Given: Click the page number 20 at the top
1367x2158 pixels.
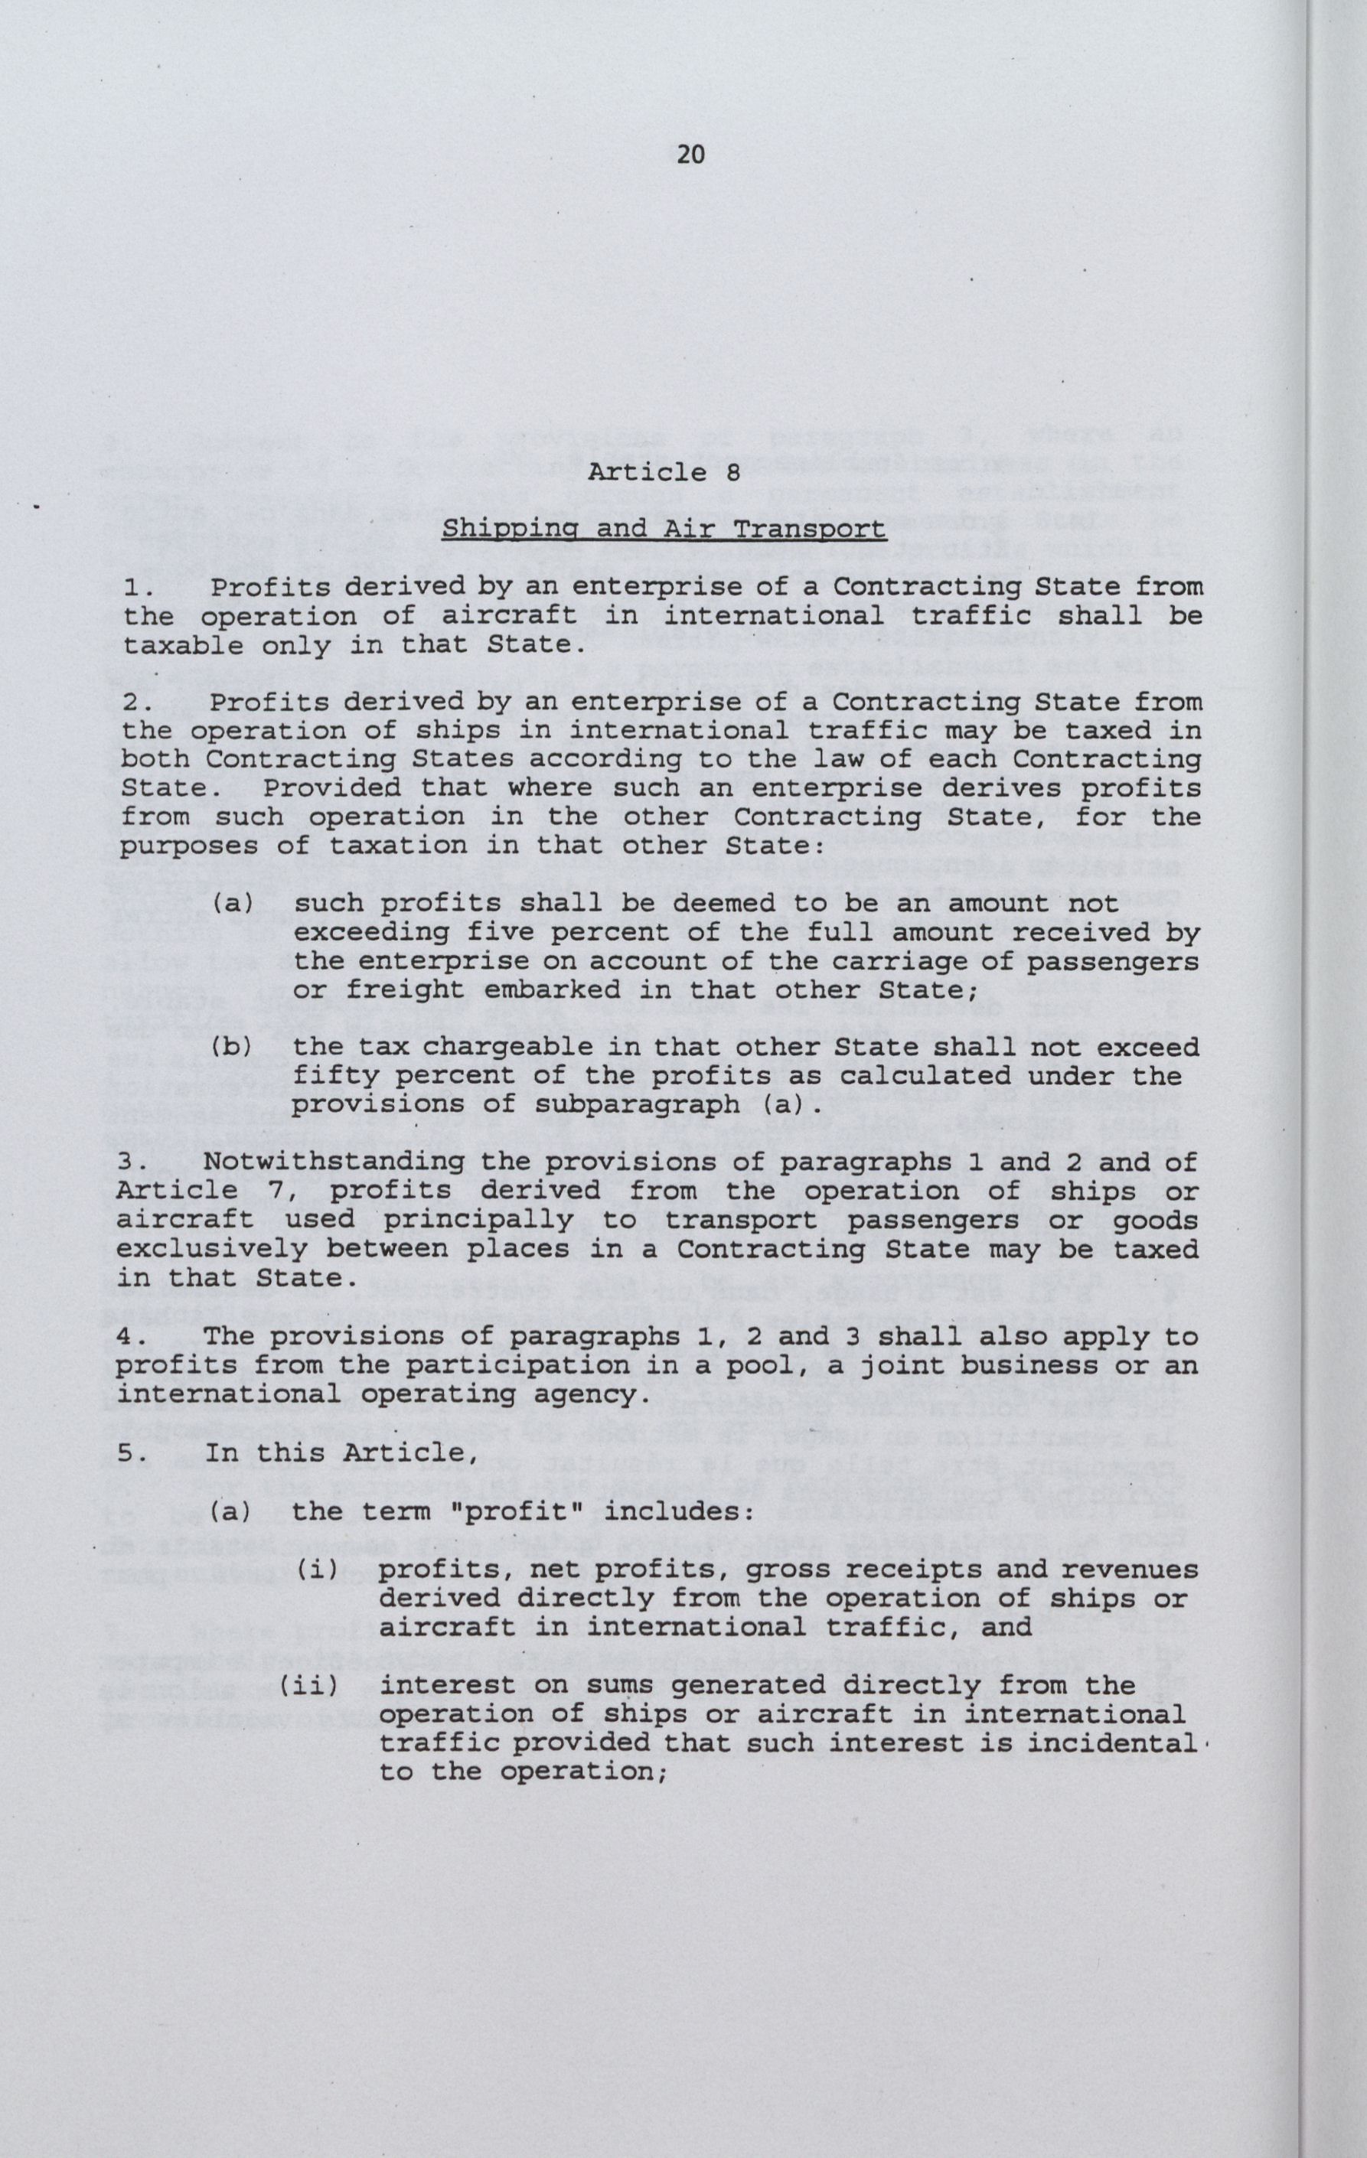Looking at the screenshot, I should tap(690, 156).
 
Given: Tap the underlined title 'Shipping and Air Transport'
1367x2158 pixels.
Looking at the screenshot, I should tap(664, 529).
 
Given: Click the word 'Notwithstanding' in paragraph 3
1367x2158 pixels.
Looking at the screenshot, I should tap(334, 1162).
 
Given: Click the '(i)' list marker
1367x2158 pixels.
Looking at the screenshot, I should tap(318, 1570).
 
